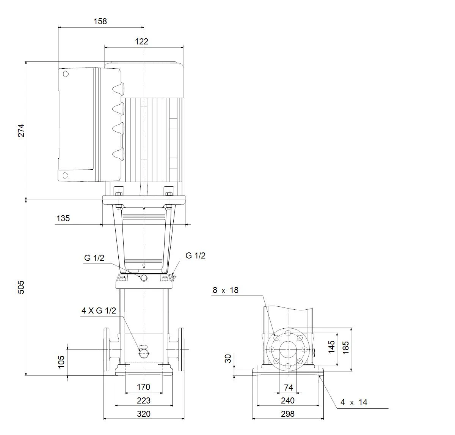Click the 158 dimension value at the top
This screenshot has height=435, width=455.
[x=100, y=21]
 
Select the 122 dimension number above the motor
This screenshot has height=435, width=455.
[x=141, y=41]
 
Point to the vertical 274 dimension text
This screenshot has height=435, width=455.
[x=21, y=131]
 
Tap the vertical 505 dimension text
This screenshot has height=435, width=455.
[x=21, y=287]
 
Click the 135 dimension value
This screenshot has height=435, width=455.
[x=63, y=218]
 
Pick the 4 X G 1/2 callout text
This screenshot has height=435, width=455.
[x=99, y=310]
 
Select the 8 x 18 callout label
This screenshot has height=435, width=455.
[x=225, y=290]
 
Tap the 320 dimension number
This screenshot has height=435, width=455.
[x=144, y=414]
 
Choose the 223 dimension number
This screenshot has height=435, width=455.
[x=144, y=400]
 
